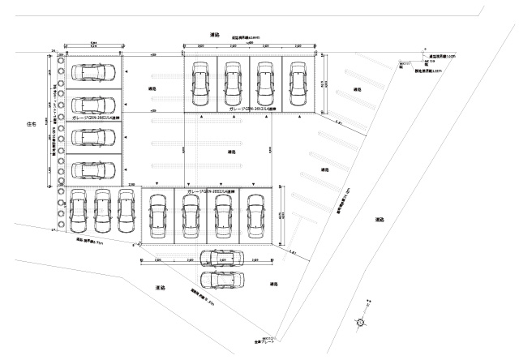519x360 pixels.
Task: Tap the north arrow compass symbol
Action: tap(359, 320)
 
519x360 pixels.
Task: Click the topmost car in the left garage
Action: tap(93, 72)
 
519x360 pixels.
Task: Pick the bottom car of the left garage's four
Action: tap(93, 169)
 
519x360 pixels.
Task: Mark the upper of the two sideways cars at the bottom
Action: tap(221, 259)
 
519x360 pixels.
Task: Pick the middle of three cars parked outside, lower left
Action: tap(101, 208)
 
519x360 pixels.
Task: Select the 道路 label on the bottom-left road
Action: tap(160, 289)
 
